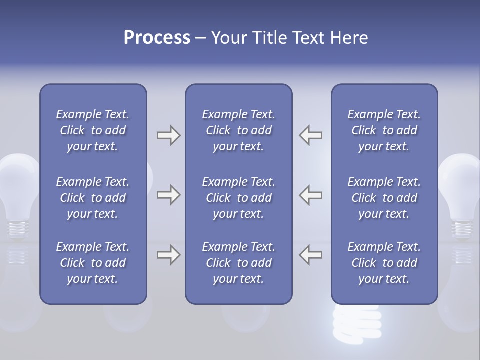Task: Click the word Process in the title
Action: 157,38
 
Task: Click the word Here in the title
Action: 349,38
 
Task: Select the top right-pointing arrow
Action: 168,135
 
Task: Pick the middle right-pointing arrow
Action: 168,195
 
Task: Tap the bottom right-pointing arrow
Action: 168,255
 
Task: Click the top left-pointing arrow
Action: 311,135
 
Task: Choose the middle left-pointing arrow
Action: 311,195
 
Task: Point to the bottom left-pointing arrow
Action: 311,255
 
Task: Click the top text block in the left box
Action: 93,130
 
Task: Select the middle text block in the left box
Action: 93,198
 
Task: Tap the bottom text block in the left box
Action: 93,263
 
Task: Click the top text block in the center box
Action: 238,130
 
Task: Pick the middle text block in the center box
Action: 238,198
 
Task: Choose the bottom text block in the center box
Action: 238,263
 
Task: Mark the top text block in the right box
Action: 384,130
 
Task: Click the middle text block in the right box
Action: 384,198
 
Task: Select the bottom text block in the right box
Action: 384,263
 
